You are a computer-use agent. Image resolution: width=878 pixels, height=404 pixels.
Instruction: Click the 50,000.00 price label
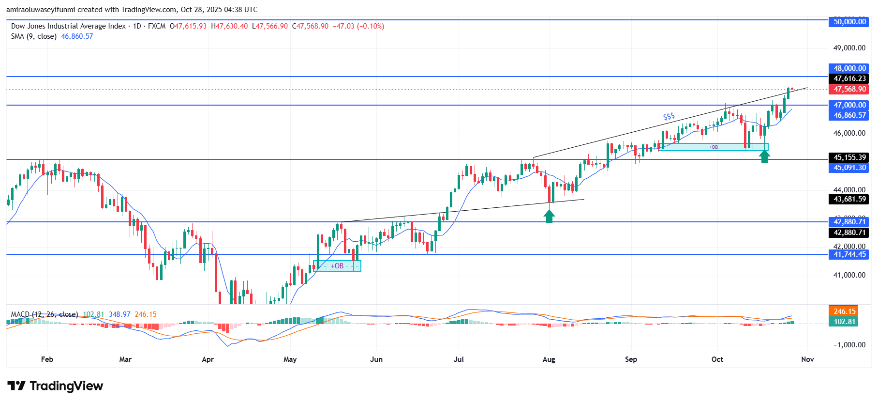pos(849,22)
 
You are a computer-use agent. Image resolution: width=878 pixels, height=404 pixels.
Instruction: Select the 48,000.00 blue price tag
pos(849,68)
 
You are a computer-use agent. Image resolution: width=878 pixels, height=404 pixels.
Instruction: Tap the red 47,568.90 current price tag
pos(849,89)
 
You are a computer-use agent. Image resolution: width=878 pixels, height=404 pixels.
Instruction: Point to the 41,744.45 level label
pos(849,254)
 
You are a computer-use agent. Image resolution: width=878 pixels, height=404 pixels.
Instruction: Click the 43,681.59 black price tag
pos(849,199)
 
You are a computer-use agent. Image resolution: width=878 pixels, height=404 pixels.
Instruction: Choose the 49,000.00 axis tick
pos(849,48)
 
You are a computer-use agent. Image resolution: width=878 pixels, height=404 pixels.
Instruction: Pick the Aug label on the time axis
pos(549,359)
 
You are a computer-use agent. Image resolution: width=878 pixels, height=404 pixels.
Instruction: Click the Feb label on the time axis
pos(47,359)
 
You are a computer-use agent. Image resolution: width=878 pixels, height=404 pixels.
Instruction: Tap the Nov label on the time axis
pos(807,359)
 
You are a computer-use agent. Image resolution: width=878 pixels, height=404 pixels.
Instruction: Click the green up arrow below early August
pos(549,216)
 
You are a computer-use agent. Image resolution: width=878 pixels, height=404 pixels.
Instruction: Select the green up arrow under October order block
pos(764,156)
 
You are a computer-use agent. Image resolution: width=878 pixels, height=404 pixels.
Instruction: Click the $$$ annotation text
pos(669,117)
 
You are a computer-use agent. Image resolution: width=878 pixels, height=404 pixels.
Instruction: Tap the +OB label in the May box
pos(337,266)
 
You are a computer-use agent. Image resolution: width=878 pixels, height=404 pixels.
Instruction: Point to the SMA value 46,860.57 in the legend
pos(77,36)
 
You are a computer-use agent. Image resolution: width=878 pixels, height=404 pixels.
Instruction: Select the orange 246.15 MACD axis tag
pos(844,311)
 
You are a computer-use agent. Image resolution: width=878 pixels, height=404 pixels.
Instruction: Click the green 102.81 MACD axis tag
pos(844,322)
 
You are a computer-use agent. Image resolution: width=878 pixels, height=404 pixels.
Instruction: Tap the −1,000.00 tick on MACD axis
pos(849,345)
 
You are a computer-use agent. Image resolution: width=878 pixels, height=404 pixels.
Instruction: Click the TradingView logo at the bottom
pos(55,386)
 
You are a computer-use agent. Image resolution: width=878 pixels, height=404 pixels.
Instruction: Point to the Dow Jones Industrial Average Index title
pos(68,26)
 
